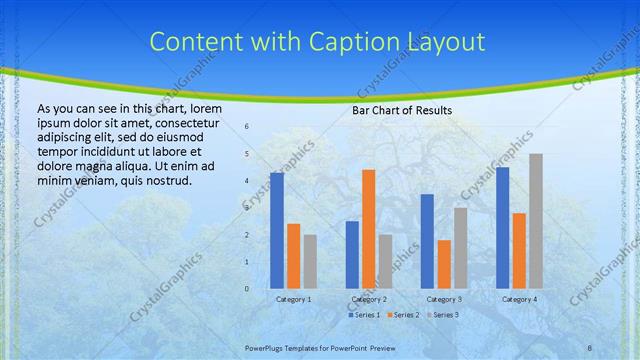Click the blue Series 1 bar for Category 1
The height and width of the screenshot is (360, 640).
(x=277, y=230)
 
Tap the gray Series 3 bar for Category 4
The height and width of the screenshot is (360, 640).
(x=536, y=221)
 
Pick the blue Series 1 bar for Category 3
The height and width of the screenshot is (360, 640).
(x=427, y=241)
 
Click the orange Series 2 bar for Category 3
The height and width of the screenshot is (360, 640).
(x=444, y=264)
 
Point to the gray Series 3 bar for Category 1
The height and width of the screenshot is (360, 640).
(x=310, y=261)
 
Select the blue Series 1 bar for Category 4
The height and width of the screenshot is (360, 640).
(x=502, y=227)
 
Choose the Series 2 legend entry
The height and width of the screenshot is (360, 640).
(x=403, y=315)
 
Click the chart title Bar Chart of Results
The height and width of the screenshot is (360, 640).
(x=402, y=110)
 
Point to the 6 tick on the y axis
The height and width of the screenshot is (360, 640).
(x=247, y=127)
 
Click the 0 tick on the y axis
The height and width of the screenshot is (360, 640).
(x=247, y=289)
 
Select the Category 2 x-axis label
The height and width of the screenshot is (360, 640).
(x=369, y=299)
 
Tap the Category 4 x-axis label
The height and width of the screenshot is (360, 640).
(x=519, y=299)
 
